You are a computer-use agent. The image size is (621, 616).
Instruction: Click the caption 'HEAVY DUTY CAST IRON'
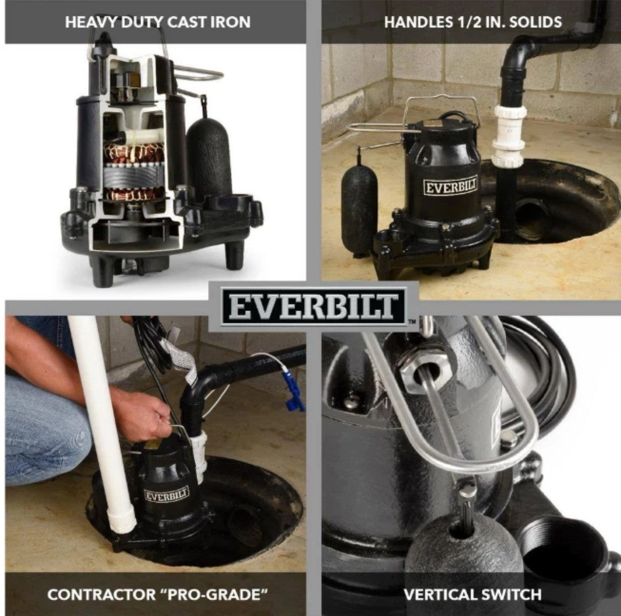click(158, 22)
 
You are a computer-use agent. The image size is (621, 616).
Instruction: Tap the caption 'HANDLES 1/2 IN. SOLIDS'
click(473, 22)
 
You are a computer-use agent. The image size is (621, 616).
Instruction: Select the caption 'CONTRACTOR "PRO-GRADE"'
click(154, 594)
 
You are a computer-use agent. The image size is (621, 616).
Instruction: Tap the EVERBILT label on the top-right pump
click(451, 186)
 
